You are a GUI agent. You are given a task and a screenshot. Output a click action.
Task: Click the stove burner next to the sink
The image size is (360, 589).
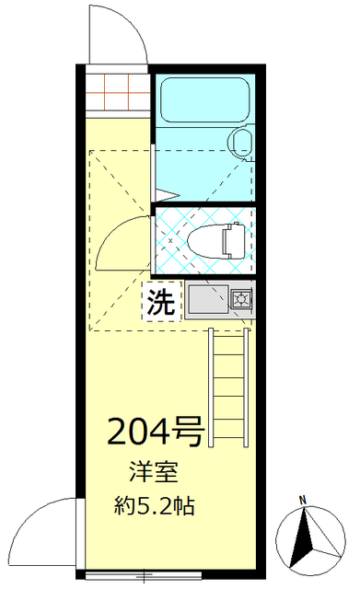[241, 299]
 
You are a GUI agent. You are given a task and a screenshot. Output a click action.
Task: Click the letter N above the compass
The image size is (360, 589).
[302, 501]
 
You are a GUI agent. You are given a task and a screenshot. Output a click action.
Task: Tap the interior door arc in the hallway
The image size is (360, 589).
[120, 244]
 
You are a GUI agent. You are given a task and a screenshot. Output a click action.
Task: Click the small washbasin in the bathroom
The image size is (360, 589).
[242, 142]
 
